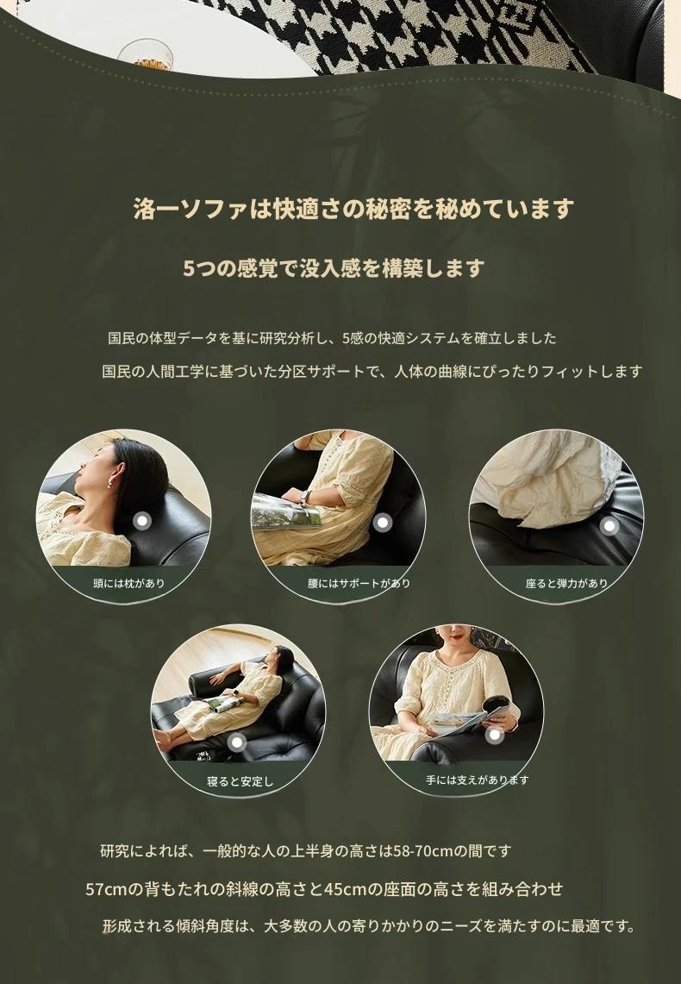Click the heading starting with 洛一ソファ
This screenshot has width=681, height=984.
353,209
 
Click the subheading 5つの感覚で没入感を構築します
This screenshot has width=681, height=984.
334,268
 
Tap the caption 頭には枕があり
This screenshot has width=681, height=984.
128,583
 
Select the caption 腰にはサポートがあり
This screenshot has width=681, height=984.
359,583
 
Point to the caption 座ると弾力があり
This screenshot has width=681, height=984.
567,583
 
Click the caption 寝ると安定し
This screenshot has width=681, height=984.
241,781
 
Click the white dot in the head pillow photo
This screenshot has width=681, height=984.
142,521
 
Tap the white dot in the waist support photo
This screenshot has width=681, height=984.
383,522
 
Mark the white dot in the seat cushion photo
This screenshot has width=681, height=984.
609,526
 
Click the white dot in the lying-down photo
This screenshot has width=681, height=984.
236,743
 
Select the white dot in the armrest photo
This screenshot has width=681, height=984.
495,735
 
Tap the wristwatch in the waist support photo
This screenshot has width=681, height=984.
304,497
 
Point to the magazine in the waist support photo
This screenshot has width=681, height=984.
286,511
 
